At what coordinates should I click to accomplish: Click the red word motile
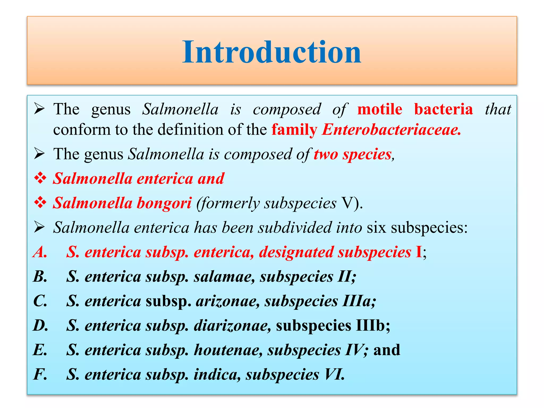[x=380, y=109]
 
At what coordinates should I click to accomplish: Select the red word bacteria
[x=443, y=109]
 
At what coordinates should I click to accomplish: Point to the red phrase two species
[x=352, y=154]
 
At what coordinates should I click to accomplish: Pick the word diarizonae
[x=232, y=325]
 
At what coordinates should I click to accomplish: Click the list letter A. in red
[x=40, y=252]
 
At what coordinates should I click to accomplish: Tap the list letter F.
[x=40, y=374]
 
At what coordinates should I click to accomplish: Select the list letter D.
[x=40, y=325]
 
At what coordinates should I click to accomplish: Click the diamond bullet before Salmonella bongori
[x=40, y=203]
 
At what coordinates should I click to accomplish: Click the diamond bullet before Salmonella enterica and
[x=40, y=178]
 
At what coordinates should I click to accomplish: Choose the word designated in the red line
[x=296, y=252]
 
